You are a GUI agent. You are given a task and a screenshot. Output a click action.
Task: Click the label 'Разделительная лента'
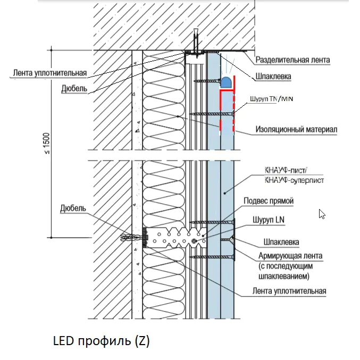coord(292,61)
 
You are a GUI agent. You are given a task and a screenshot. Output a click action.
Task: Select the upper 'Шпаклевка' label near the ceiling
coord(273,77)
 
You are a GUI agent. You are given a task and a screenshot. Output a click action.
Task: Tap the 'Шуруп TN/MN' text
coord(271,99)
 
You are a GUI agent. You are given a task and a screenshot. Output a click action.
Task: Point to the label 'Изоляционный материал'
coord(296,129)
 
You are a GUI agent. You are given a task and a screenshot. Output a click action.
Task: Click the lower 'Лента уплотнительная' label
coord(289,291)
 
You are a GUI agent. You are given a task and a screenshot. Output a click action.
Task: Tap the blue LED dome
coord(225,82)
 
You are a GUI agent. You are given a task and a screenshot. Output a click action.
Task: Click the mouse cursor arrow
coord(322,214)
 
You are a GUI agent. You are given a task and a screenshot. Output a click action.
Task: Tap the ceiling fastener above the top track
coord(196,43)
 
